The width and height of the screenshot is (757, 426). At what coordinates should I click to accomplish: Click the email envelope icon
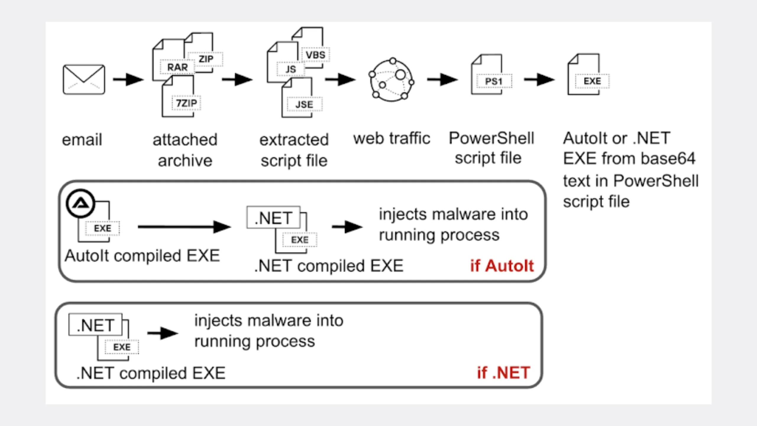point(84,79)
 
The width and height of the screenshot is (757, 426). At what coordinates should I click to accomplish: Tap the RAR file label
point(177,67)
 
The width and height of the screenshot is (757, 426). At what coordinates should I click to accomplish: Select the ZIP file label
point(206,59)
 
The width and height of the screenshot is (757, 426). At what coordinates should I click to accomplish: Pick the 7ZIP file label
point(186,103)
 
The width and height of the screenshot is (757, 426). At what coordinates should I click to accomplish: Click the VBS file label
point(315,55)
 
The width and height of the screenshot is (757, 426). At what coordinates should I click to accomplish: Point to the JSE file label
point(304,104)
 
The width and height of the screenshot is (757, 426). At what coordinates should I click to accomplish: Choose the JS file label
point(290,69)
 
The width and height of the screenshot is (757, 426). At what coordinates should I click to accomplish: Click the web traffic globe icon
point(391,80)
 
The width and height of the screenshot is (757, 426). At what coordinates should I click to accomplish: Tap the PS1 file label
point(494,81)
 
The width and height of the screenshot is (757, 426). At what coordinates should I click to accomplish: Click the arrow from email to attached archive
point(128,79)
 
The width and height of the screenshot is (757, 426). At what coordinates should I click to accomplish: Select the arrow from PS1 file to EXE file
point(539,79)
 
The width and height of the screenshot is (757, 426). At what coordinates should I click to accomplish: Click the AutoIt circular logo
point(80,204)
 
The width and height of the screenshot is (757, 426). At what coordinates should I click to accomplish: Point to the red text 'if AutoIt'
point(502,266)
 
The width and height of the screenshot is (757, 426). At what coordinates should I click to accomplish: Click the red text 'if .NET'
point(503,373)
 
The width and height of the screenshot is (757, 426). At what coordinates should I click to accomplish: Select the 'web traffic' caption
point(392,138)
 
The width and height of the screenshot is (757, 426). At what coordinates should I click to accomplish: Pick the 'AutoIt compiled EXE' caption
point(142,256)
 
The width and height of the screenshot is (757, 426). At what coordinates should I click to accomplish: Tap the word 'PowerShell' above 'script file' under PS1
point(491,138)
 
